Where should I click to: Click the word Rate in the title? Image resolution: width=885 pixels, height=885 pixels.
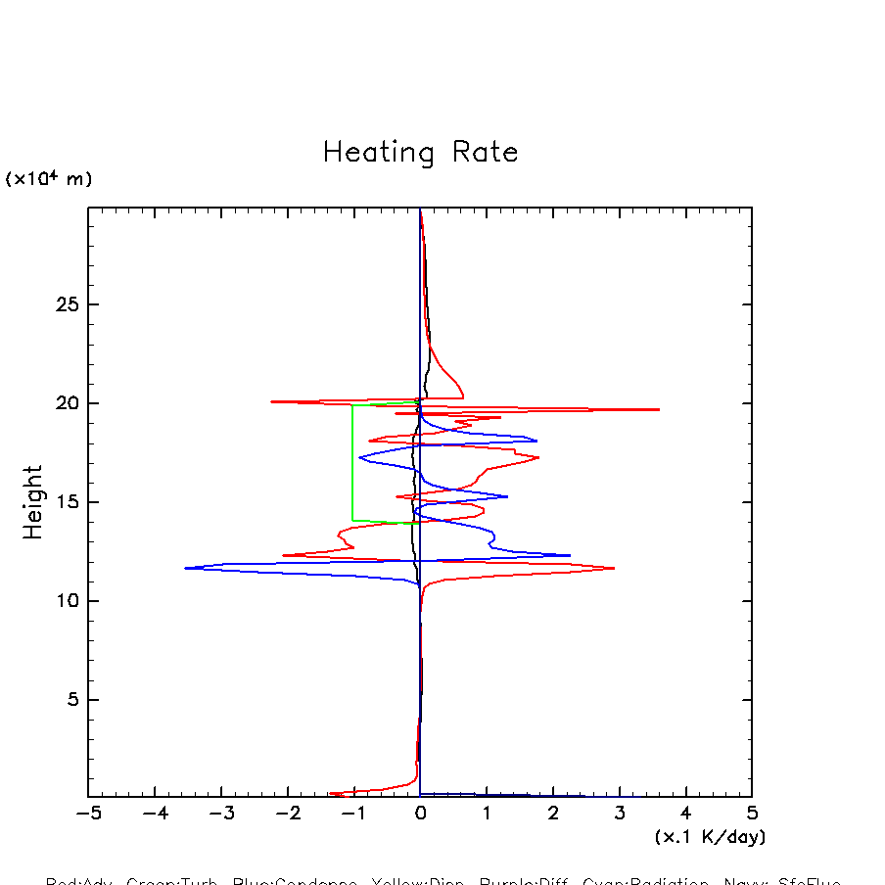(x=486, y=153)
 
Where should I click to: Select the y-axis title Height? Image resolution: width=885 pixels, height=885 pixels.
(x=33, y=502)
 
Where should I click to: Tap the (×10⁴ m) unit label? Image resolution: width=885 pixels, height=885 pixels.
(x=49, y=179)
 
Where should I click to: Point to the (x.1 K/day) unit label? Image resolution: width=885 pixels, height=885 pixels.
(x=710, y=837)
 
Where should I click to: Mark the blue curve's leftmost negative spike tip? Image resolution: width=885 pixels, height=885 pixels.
(x=185, y=568)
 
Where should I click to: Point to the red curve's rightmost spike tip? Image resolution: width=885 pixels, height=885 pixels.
(x=659, y=409)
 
